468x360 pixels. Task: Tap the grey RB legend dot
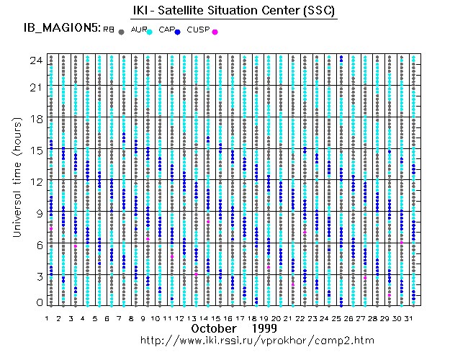pyautogui.click(x=122, y=32)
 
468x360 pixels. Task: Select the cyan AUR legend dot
pyautogui.click(x=150, y=32)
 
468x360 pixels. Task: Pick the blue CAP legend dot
pyautogui.click(x=177, y=32)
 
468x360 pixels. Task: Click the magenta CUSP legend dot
pyautogui.click(x=215, y=32)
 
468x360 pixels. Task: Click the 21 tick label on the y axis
pyautogui.click(x=35, y=87)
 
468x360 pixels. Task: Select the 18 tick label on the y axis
pyautogui.click(x=35, y=118)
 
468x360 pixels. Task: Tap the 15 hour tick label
pyautogui.click(x=35, y=150)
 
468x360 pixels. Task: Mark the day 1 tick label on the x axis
pyautogui.click(x=47, y=318)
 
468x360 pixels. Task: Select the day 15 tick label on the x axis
pyautogui.click(x=215, y=318)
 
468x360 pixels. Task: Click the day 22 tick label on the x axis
pyautogui.click(x=300, y=318)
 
